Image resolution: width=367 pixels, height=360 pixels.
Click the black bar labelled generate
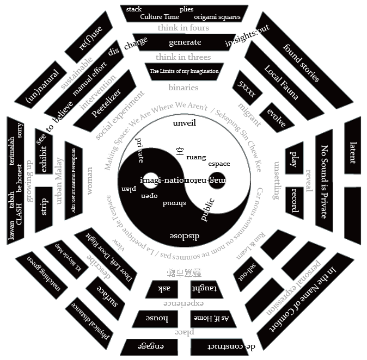tap(185, 42)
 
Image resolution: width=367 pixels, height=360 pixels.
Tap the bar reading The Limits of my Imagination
tap(184, 71)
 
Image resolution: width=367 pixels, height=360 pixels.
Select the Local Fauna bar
tap(281, 83)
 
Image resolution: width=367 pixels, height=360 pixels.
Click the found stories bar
tap(301, 63)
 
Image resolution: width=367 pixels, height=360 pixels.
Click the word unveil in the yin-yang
tap(184, 123)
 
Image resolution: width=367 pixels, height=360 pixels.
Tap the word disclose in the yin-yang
tap(184, 236)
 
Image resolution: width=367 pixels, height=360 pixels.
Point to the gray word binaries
tap(183, 88)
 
